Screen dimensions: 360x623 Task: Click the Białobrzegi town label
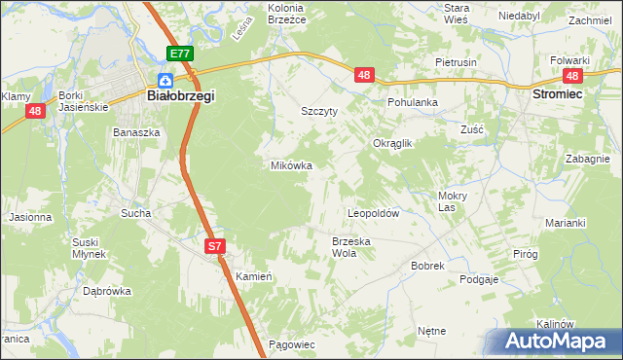point(180,96)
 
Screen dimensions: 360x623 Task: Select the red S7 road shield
point(216,248)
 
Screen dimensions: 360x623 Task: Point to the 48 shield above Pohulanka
point(364,75)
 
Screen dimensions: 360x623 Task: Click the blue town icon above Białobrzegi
point(166,80)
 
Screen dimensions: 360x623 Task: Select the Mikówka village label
point(291,165)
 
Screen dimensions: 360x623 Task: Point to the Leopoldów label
point(375,212)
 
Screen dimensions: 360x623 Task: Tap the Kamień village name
point(253,276)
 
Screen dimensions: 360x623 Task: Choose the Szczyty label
point(319,111)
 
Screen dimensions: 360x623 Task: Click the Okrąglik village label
point(394,143)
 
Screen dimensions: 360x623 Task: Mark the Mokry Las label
point(447,200)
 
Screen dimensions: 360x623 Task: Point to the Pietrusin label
point(456,61)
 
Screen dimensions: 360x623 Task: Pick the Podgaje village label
point(479,279)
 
